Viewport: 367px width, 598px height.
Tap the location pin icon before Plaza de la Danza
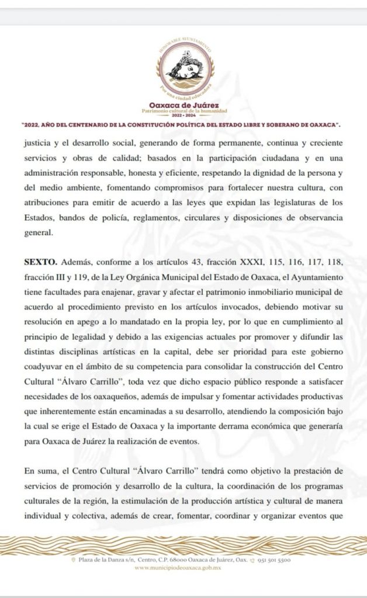pos(72,559)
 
